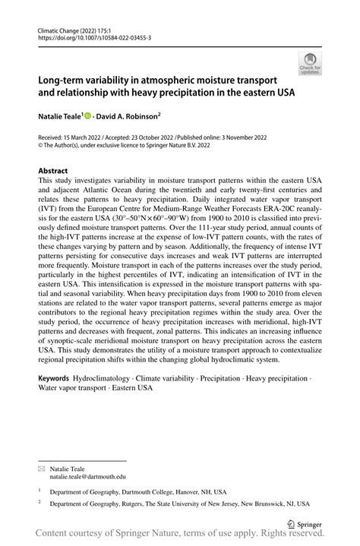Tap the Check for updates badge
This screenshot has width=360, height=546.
tap(310, 65)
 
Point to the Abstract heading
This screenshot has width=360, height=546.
tap(52, 171)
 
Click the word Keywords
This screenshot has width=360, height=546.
tap(55, 377)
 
